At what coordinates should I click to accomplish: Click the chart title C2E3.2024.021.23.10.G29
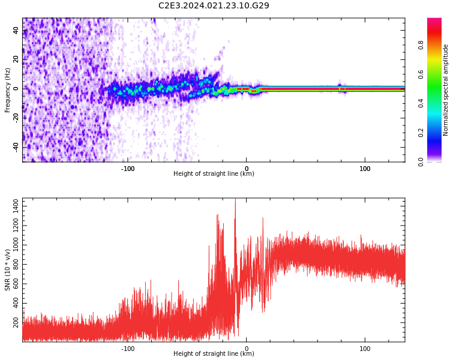click(214, 6)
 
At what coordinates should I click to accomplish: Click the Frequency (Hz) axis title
click(8, 90)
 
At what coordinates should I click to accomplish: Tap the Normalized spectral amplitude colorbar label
click(446, 90)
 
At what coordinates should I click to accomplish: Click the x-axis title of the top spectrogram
click(214, 174)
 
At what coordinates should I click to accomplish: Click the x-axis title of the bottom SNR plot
click(214, 353)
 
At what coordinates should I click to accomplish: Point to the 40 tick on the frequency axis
click(16, 30)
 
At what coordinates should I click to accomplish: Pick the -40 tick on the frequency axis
click(16, 147)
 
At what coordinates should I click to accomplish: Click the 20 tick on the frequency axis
click(16, 59)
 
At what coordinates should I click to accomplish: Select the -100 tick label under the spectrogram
click(128, 169)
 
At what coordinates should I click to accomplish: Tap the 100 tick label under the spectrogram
click(365, 169)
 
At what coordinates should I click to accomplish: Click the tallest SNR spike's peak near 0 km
click(235, 200)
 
